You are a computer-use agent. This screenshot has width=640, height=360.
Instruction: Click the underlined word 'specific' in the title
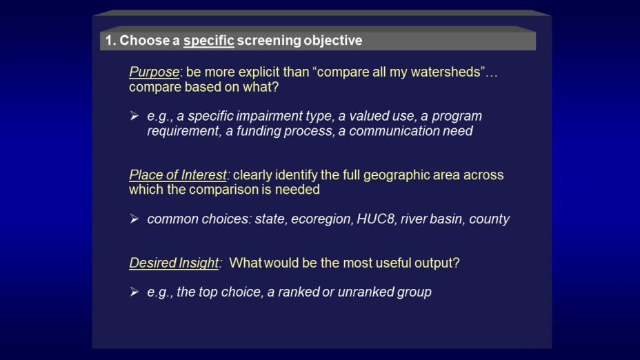point(208,41)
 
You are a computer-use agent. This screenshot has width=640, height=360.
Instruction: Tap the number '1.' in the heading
point(110,41)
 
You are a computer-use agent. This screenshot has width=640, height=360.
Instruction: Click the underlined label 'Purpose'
point(154,72)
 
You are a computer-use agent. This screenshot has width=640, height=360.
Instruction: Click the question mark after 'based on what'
point(275,87)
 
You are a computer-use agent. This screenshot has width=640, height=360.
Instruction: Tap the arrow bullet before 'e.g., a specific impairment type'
point(134,116)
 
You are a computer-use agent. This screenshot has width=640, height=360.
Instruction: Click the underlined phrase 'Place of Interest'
point(177,175)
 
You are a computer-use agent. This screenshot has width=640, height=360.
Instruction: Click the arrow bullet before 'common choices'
point(134,219)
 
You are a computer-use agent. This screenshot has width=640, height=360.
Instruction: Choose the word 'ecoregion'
point(321,219)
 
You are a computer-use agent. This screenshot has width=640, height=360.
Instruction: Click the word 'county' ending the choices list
point(489,219)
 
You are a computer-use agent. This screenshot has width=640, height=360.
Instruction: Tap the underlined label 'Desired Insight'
point(174,263)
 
